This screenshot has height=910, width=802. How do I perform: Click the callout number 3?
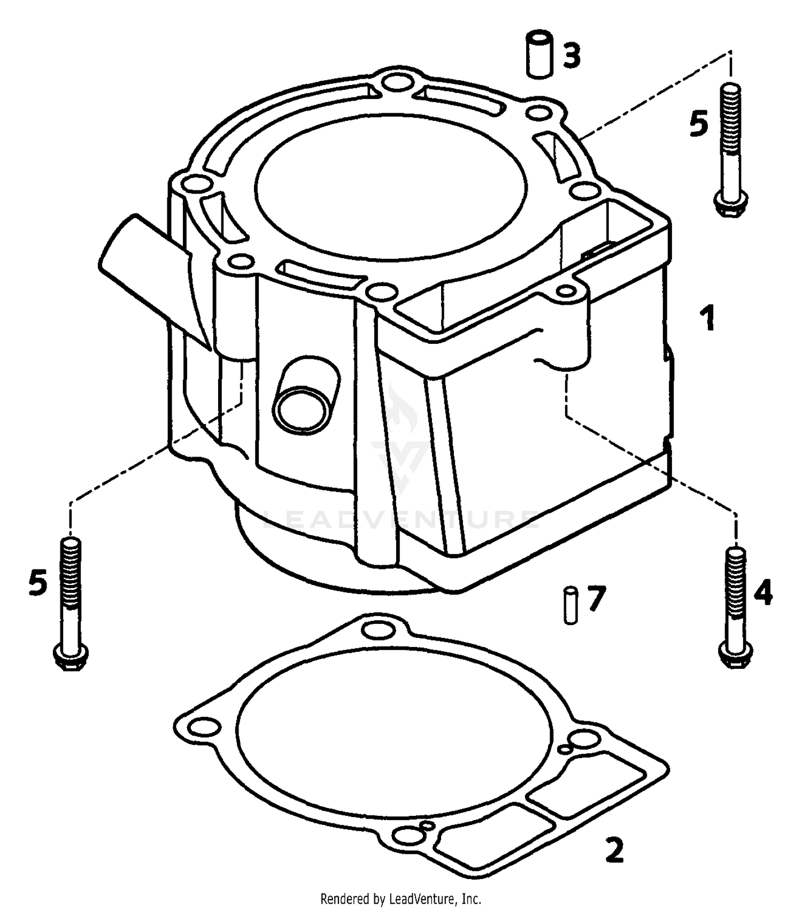click(x=571, y=56)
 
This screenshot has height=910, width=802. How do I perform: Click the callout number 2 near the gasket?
click(x=614, y=850)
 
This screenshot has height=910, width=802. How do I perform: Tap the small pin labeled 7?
click(x=570, y=605)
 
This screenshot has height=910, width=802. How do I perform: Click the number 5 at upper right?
click(x=698, y=124)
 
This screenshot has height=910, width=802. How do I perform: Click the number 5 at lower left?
click(x=37, y=583)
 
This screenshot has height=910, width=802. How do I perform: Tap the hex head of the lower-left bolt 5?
click(x=71, y=658)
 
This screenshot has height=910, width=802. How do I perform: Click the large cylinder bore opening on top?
click(x=390, y=184)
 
